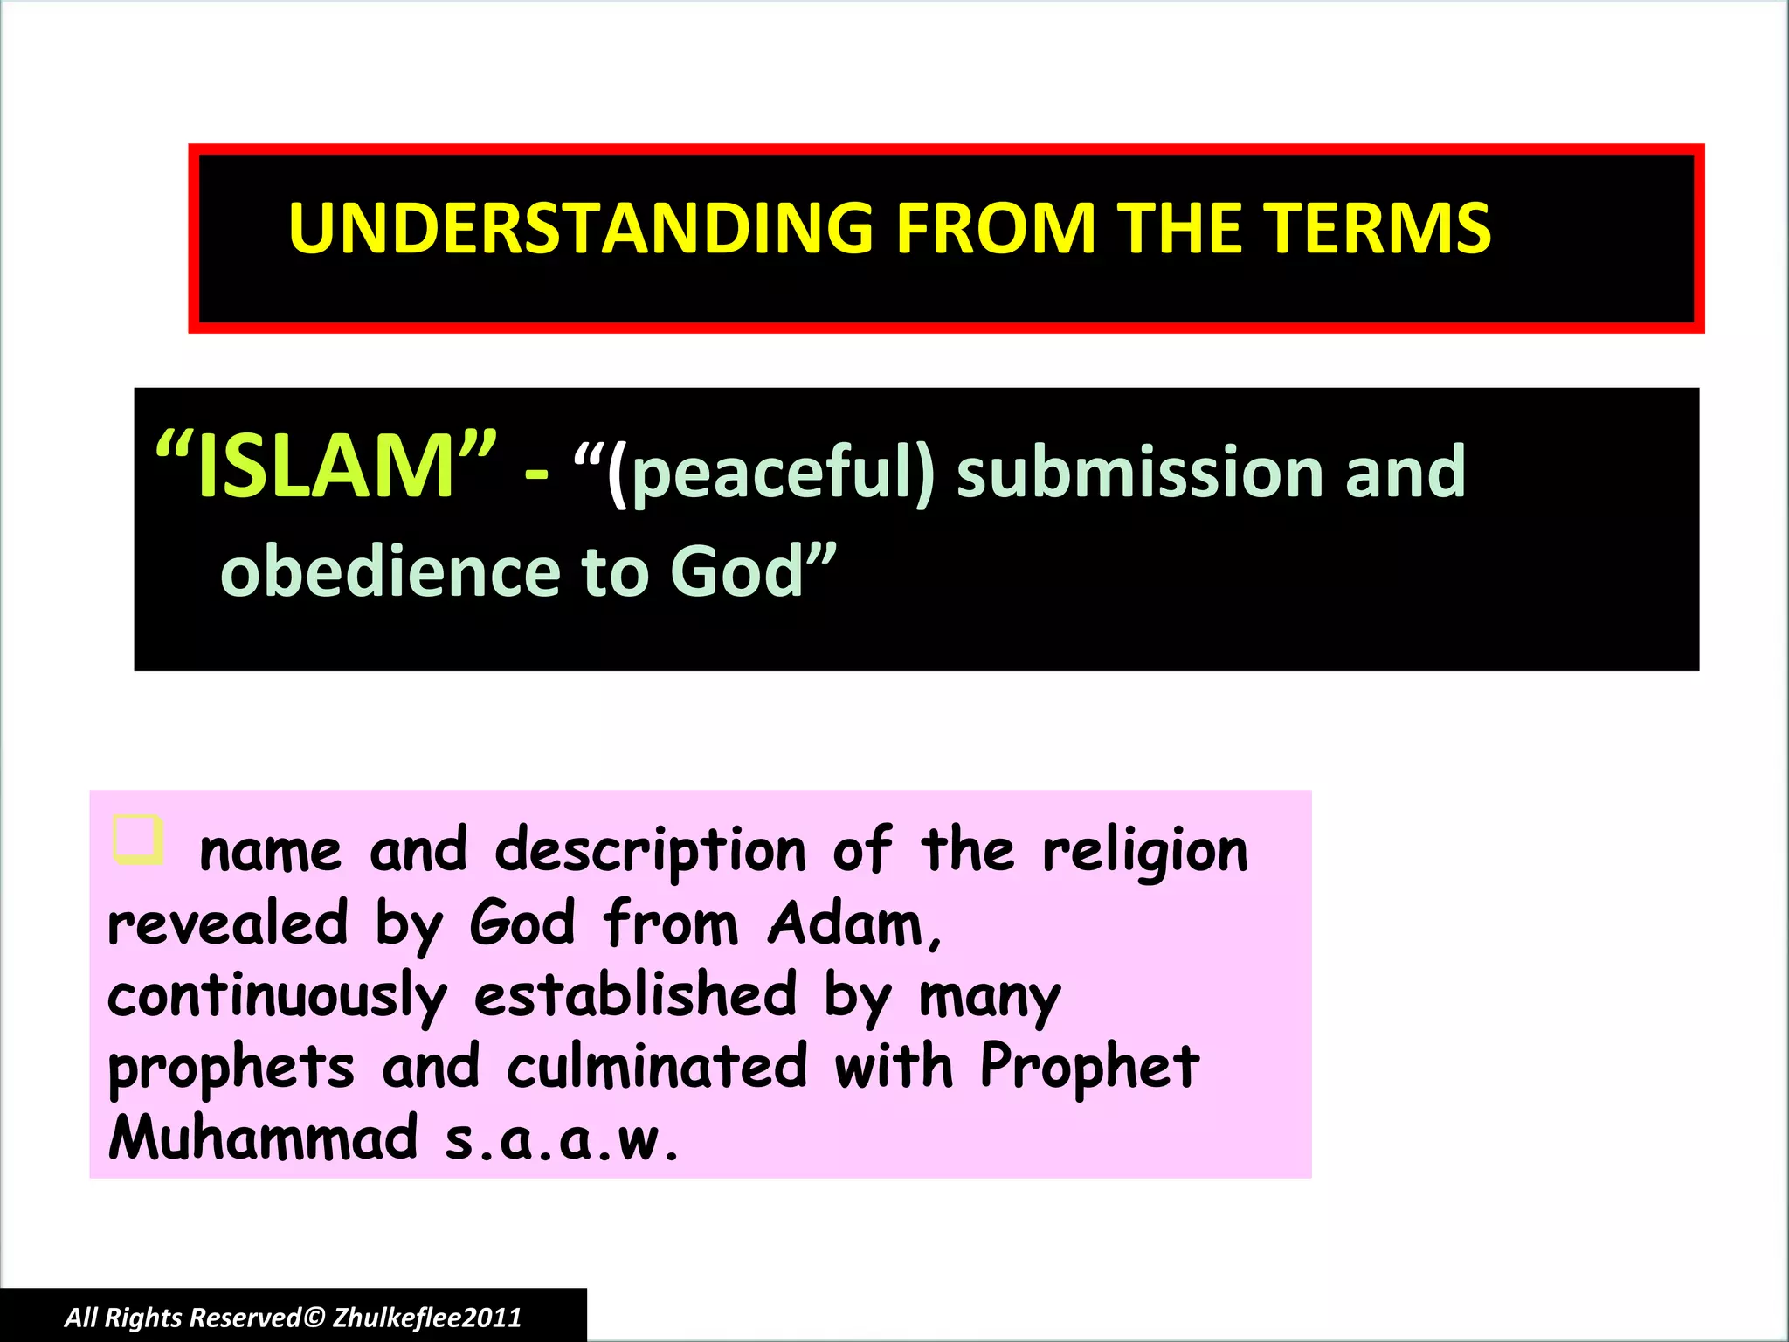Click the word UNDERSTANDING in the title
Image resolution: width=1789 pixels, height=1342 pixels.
[581, 229]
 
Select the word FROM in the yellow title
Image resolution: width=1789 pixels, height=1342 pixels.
[996, 229]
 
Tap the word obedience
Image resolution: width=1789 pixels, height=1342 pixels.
[390, 571]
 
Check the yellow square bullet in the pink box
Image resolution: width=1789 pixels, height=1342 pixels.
[138, 840]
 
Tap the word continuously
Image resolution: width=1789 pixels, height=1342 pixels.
[277, 997]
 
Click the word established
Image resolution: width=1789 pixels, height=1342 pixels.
[636, 995]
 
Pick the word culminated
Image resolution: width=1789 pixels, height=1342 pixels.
[657, 1068]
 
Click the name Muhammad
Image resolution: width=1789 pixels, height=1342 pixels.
[263, 1138]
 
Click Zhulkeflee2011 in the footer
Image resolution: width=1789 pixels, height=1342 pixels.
[427, 1318]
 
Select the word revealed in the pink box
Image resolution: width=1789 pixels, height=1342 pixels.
[227, 923]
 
